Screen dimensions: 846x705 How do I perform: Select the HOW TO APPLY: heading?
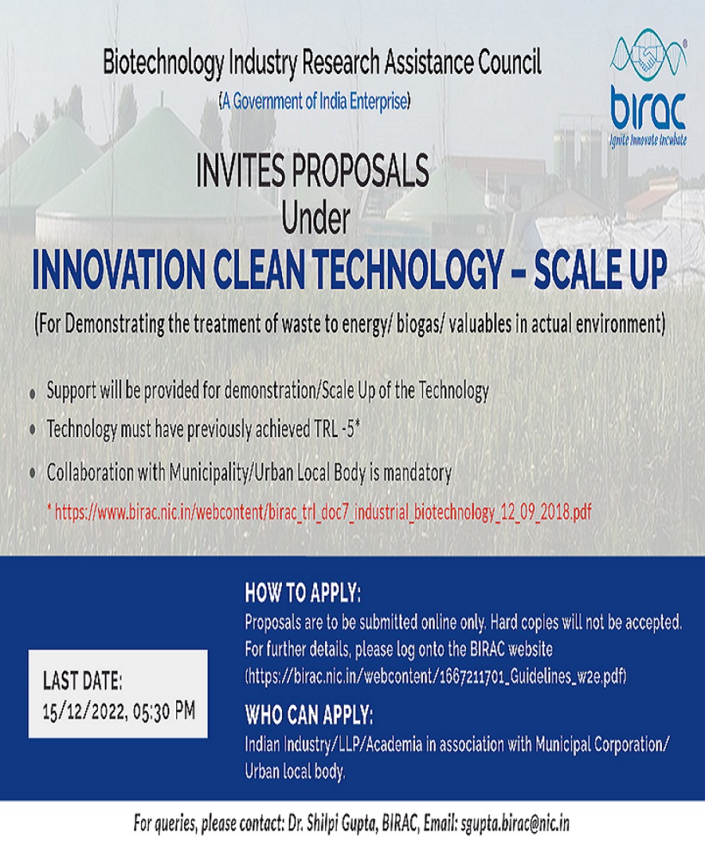(302, 594)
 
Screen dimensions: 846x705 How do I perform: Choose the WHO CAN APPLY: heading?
(308, 715)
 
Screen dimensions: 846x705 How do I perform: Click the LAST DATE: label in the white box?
(82, 682)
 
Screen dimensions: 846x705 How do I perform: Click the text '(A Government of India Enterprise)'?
(314, 102)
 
